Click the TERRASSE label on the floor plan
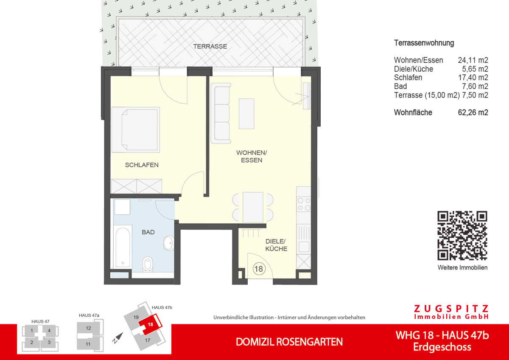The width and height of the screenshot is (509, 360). click(x=210, y=46)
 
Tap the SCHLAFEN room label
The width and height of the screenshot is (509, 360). click(x=142, y=165)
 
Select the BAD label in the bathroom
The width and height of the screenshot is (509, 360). click(x=148, y=232)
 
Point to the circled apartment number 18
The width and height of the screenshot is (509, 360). click(x=258, y=269)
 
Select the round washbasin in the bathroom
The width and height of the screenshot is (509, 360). click(x=168, y=244)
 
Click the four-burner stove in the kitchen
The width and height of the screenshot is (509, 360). click(x=304, y=204)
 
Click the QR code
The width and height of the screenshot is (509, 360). click(x=462, y=236)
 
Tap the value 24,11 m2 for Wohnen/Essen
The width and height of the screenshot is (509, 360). click(x=473, y=60)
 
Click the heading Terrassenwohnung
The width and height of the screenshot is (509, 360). click(x=424, y=43)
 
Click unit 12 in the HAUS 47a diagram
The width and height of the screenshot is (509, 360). click(x=88, y=328)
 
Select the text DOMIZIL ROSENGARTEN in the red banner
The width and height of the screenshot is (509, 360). click(x=289, y=342)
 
